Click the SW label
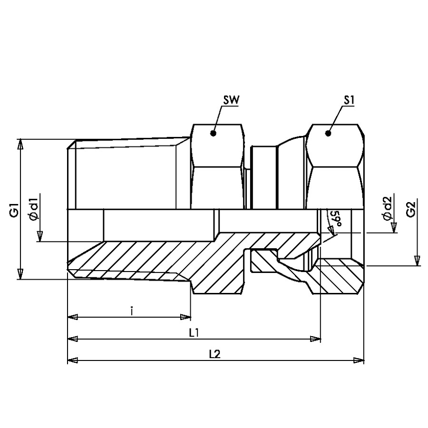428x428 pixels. [231, 100]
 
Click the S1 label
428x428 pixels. [349, 100]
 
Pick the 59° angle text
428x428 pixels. [335, 219]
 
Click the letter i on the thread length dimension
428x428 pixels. [131, 311]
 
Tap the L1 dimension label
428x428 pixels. [194, 332]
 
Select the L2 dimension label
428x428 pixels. [214, 354]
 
